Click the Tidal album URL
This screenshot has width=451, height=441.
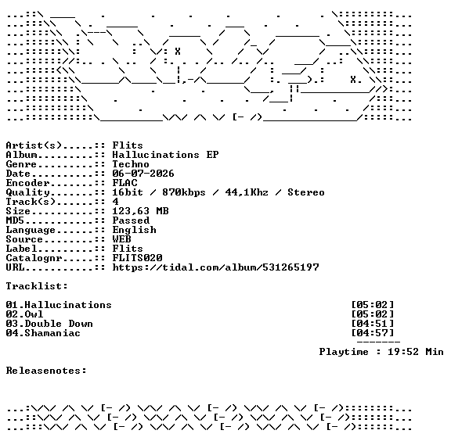click(x=216, y=267)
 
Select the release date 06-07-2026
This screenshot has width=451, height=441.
click(x=143, y=174)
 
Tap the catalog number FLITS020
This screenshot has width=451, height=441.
click(x=137, y=258)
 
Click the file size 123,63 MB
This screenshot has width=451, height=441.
click(x=140, y=211)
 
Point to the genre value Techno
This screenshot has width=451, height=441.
click(x=131, y=164)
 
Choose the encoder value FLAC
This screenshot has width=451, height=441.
click(x=124, y=183)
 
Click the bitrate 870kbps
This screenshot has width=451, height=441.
click(x=184, y=192)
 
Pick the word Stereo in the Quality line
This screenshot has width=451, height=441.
click(x=306, y=192)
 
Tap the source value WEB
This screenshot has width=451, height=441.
click(x=121, y=239)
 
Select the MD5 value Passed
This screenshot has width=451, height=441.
click(x=131, y=220)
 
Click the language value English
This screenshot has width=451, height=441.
click(x=135, y=230)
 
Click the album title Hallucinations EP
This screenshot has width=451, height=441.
click(x=165, y=155)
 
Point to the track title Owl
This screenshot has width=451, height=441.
click(x=34, y=314)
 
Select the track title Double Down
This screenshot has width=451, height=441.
click(x=59, y=324)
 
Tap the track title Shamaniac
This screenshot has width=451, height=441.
click(x=52, y=333)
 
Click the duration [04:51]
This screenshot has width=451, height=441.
click(x=373, y=324)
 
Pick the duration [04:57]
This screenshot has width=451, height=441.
click(x=373, y=333)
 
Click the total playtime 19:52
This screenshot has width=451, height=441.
click(x=403, y=352)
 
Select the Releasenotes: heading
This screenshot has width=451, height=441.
click(x=46, y=371)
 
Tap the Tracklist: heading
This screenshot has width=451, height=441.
click(x=37, y=286)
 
